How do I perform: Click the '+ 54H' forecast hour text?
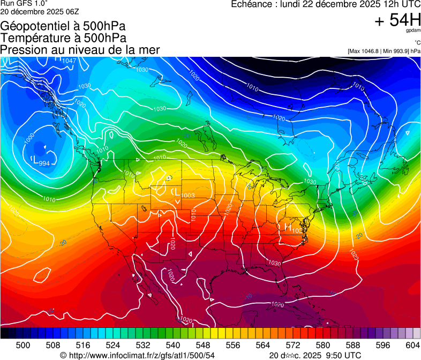[x=398, y=21]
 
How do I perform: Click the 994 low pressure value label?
[x=44, y=163]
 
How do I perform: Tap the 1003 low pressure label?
[x=187, y=196]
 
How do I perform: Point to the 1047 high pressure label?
[x=69, y=61]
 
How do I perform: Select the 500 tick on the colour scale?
[x=23, y=344]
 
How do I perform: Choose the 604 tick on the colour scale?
[x=412, y=344]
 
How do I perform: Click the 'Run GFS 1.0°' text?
[x=23, y=4]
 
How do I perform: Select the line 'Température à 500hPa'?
[x=63, y=38]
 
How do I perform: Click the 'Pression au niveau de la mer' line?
[x=80, y=50]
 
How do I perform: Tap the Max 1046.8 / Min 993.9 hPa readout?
[x=384, y=51]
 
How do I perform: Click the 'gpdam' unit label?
[x=413, y=32]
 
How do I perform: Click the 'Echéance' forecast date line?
[x=325, y=4]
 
